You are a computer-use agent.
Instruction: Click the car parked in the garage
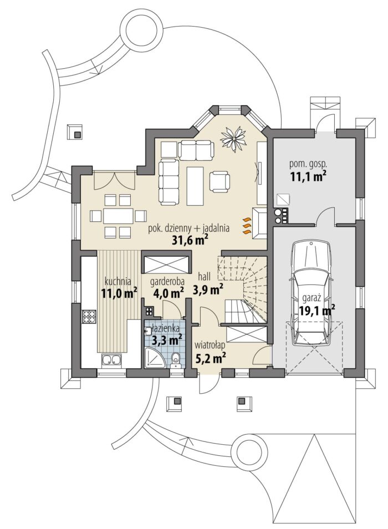click(312, 293)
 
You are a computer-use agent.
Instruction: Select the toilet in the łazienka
click(175, 360)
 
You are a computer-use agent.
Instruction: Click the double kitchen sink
click(111, 360)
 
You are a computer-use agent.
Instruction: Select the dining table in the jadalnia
click(119, 216)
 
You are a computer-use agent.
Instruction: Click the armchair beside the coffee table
click(219, 181)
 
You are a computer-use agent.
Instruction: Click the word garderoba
click(162, 281)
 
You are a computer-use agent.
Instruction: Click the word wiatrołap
click(210, 345)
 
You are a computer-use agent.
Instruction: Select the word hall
click(205, 277)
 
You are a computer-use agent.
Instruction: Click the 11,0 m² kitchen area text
click(120, 292)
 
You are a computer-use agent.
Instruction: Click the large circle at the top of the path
click(142, 28)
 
